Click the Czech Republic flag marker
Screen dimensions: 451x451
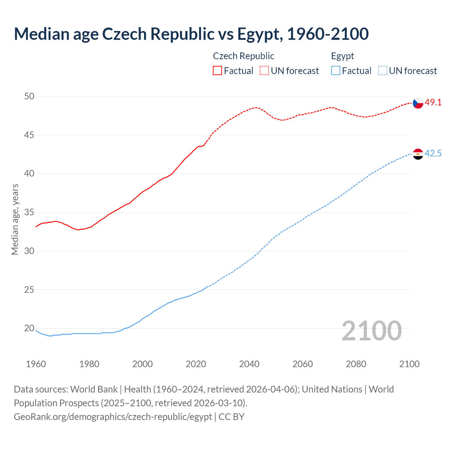coord(418,103)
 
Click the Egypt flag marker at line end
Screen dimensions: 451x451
coord(418,154)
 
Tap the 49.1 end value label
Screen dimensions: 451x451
coord(433,103)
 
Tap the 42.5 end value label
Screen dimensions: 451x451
coord(433,154)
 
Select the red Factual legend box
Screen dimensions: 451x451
coord(217,70)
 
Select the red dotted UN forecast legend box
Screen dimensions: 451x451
coord(264,70)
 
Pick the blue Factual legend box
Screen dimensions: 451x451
coord(336,70)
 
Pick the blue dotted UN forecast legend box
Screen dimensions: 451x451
coord(382,70)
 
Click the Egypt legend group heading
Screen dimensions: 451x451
coord(342,56)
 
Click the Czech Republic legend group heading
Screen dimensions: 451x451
coord(243,56)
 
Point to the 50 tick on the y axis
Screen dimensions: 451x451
coord(30,96)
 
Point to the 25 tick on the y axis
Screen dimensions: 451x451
coord(30,290)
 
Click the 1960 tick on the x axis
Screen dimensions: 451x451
coord(36,364)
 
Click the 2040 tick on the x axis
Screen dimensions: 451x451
coord(249,364)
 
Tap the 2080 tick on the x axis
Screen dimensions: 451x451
coord(356,364)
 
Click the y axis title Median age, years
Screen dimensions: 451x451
coord(15,219)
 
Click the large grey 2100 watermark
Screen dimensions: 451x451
coord(371,330)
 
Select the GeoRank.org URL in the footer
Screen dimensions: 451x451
coord(113,417)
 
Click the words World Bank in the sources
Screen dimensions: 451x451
coord(94,389)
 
